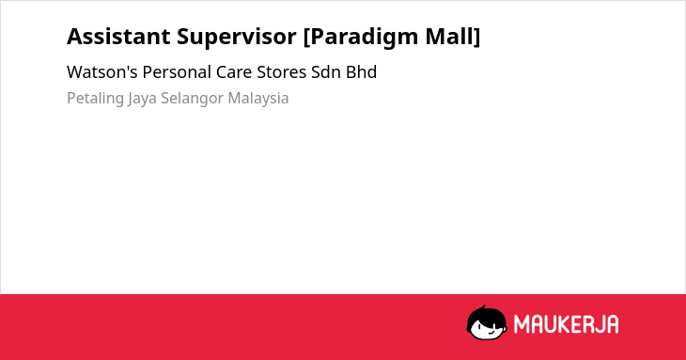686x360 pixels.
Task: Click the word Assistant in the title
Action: [118, 37]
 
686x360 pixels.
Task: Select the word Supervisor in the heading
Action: [237, 38]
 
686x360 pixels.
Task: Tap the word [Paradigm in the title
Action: [361, 38]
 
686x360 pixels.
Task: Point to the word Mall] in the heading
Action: [453, 37]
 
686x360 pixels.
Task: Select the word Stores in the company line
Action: [281, 72]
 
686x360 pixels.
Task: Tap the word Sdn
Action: [326, 72]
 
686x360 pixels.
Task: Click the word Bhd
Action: [362, 72]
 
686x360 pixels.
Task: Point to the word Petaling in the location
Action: [95, 99]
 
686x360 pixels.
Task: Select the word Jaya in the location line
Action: [142, 99]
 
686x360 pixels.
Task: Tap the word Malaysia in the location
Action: [258, 99]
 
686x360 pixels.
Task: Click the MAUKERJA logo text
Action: [566, 324]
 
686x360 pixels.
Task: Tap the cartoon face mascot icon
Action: [487, 322]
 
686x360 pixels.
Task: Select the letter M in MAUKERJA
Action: [522, 324]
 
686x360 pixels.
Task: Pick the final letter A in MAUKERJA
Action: [612, 324]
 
